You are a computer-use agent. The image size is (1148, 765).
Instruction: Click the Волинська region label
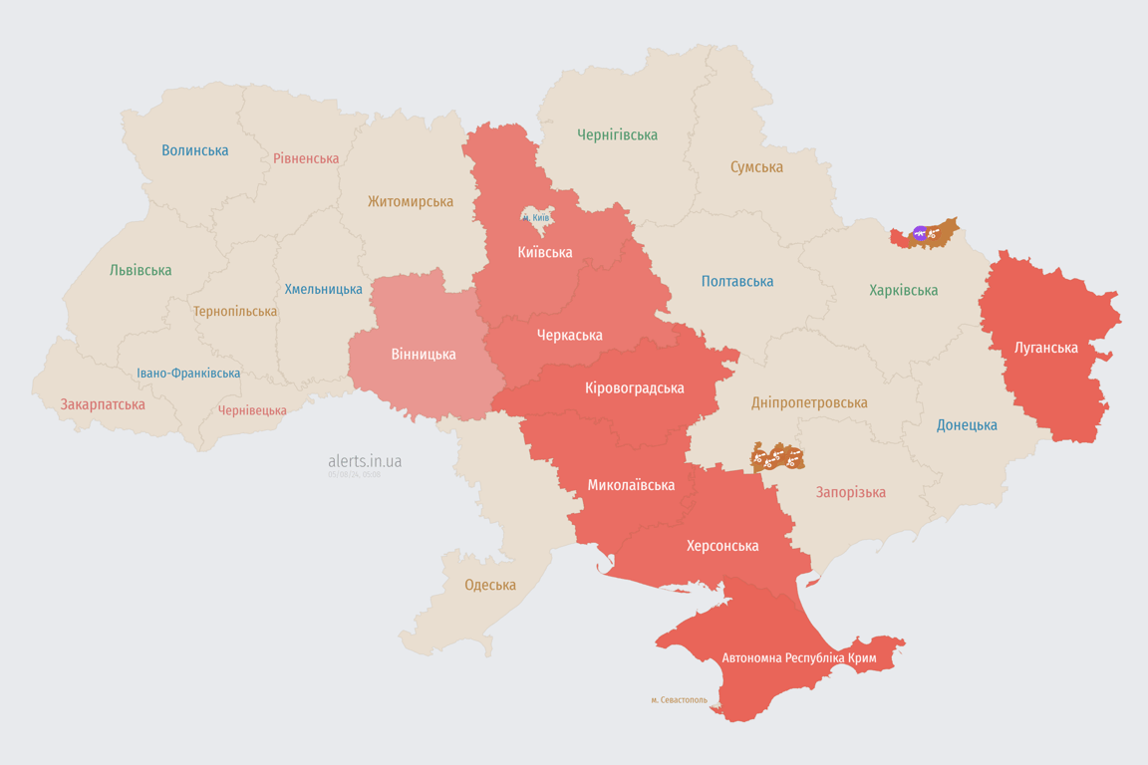tap(195, 150)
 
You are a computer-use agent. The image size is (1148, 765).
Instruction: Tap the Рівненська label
tap(306, 158)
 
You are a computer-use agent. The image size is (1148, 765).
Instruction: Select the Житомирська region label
tap(410, 201)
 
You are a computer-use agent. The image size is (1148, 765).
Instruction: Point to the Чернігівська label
tap(617, 134)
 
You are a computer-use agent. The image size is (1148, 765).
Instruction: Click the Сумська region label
tap(756, 167)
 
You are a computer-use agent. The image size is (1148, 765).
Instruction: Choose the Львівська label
tap(141, 270)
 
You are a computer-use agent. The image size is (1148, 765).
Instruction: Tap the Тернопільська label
tap(235, 311)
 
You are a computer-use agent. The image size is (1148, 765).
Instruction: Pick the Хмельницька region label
tap(324, 289)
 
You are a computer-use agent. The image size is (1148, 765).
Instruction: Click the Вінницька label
tap(424, 354)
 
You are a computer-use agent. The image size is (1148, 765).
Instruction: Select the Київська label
tap(545, 252)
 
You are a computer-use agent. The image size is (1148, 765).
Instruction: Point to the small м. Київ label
tap(536, 217)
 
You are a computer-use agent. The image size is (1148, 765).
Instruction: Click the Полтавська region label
tap(737, 281)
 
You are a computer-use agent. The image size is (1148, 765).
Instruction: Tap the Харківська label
tap(903, 290)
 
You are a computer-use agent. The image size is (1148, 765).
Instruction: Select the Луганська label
tap(1046, 348)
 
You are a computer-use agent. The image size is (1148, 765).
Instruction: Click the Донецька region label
tap(967, 425)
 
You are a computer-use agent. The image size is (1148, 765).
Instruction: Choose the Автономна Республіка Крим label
tap(797, 658)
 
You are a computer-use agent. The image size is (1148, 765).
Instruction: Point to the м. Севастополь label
tap(679, 700)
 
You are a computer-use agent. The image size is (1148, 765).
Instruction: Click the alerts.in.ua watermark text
tap(365, 461)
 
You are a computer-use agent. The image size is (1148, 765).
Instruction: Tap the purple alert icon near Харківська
tap(919, 233)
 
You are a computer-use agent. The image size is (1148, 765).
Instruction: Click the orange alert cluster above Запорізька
tap(777, 457)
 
